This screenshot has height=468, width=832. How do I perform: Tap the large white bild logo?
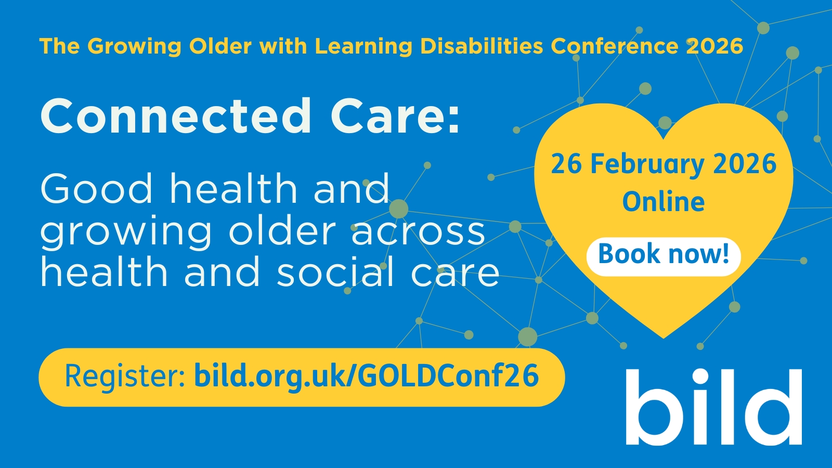(713, 407)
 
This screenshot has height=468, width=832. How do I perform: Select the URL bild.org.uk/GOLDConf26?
(366, 376)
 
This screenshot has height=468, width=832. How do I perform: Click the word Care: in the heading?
(395, 116)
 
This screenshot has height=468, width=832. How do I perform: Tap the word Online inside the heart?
(664, 202)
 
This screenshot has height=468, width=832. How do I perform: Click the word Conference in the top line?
(615, 46)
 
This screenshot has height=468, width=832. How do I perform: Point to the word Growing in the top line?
(134, 46)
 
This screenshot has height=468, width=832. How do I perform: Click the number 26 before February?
(566, 164)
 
